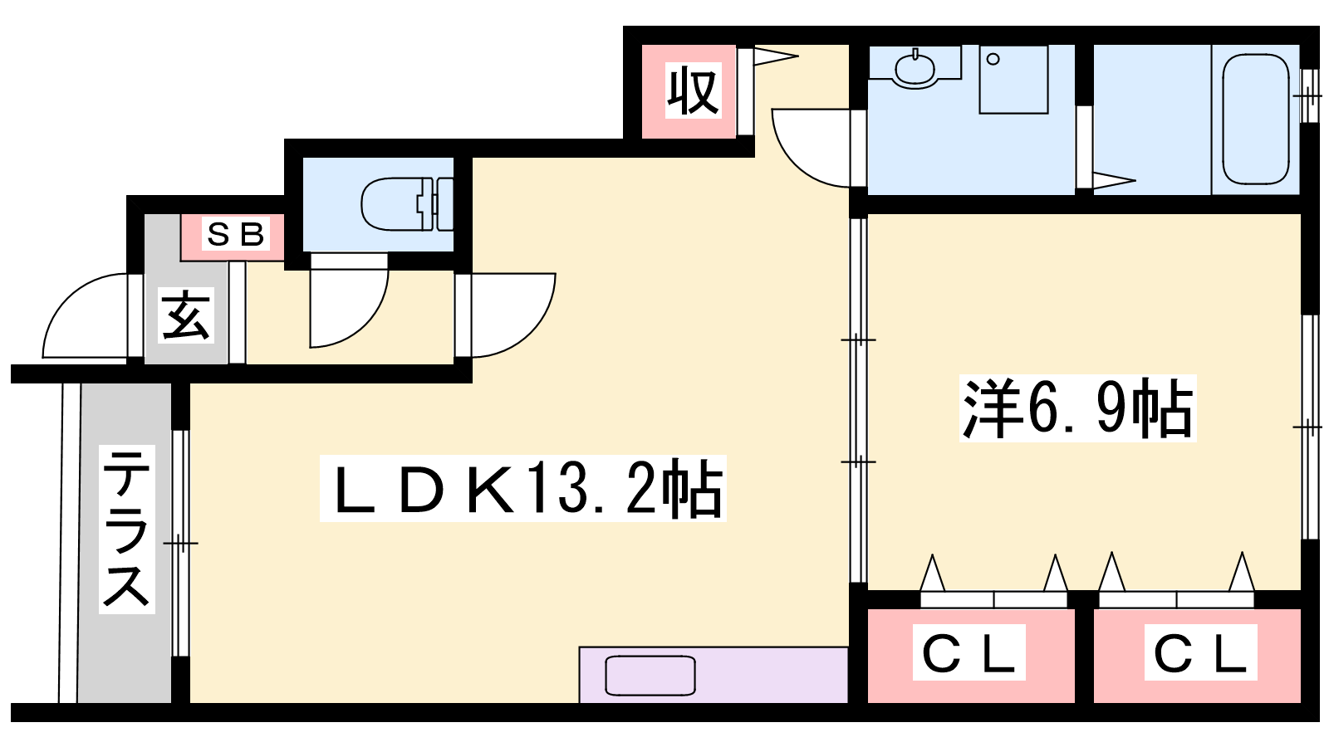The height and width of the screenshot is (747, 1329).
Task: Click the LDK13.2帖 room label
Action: (x=523, y=489)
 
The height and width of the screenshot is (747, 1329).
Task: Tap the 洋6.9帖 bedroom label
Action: (x=1077, y=408)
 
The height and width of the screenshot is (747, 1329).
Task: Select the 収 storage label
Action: (x=693, y=90)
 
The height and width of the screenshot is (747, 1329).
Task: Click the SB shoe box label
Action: (x=236, y=233)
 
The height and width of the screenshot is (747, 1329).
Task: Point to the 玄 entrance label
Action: (x=186, y=315)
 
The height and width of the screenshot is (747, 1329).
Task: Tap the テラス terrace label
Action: (x=126, y=530)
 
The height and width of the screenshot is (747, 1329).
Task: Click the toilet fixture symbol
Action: (x=408, y=204)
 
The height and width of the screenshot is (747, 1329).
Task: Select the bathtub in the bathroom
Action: (x=1256, y=120)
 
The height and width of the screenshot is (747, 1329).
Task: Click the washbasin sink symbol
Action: (x=915, y=70)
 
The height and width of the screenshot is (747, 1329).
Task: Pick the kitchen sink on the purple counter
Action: (x=650, y=676)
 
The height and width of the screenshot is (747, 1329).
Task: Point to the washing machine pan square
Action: (x=1013, y=80)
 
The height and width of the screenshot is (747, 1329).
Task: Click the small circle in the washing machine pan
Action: (x=993, y=59)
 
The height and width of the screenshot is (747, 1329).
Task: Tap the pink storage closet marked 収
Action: (x=689, y=91)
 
